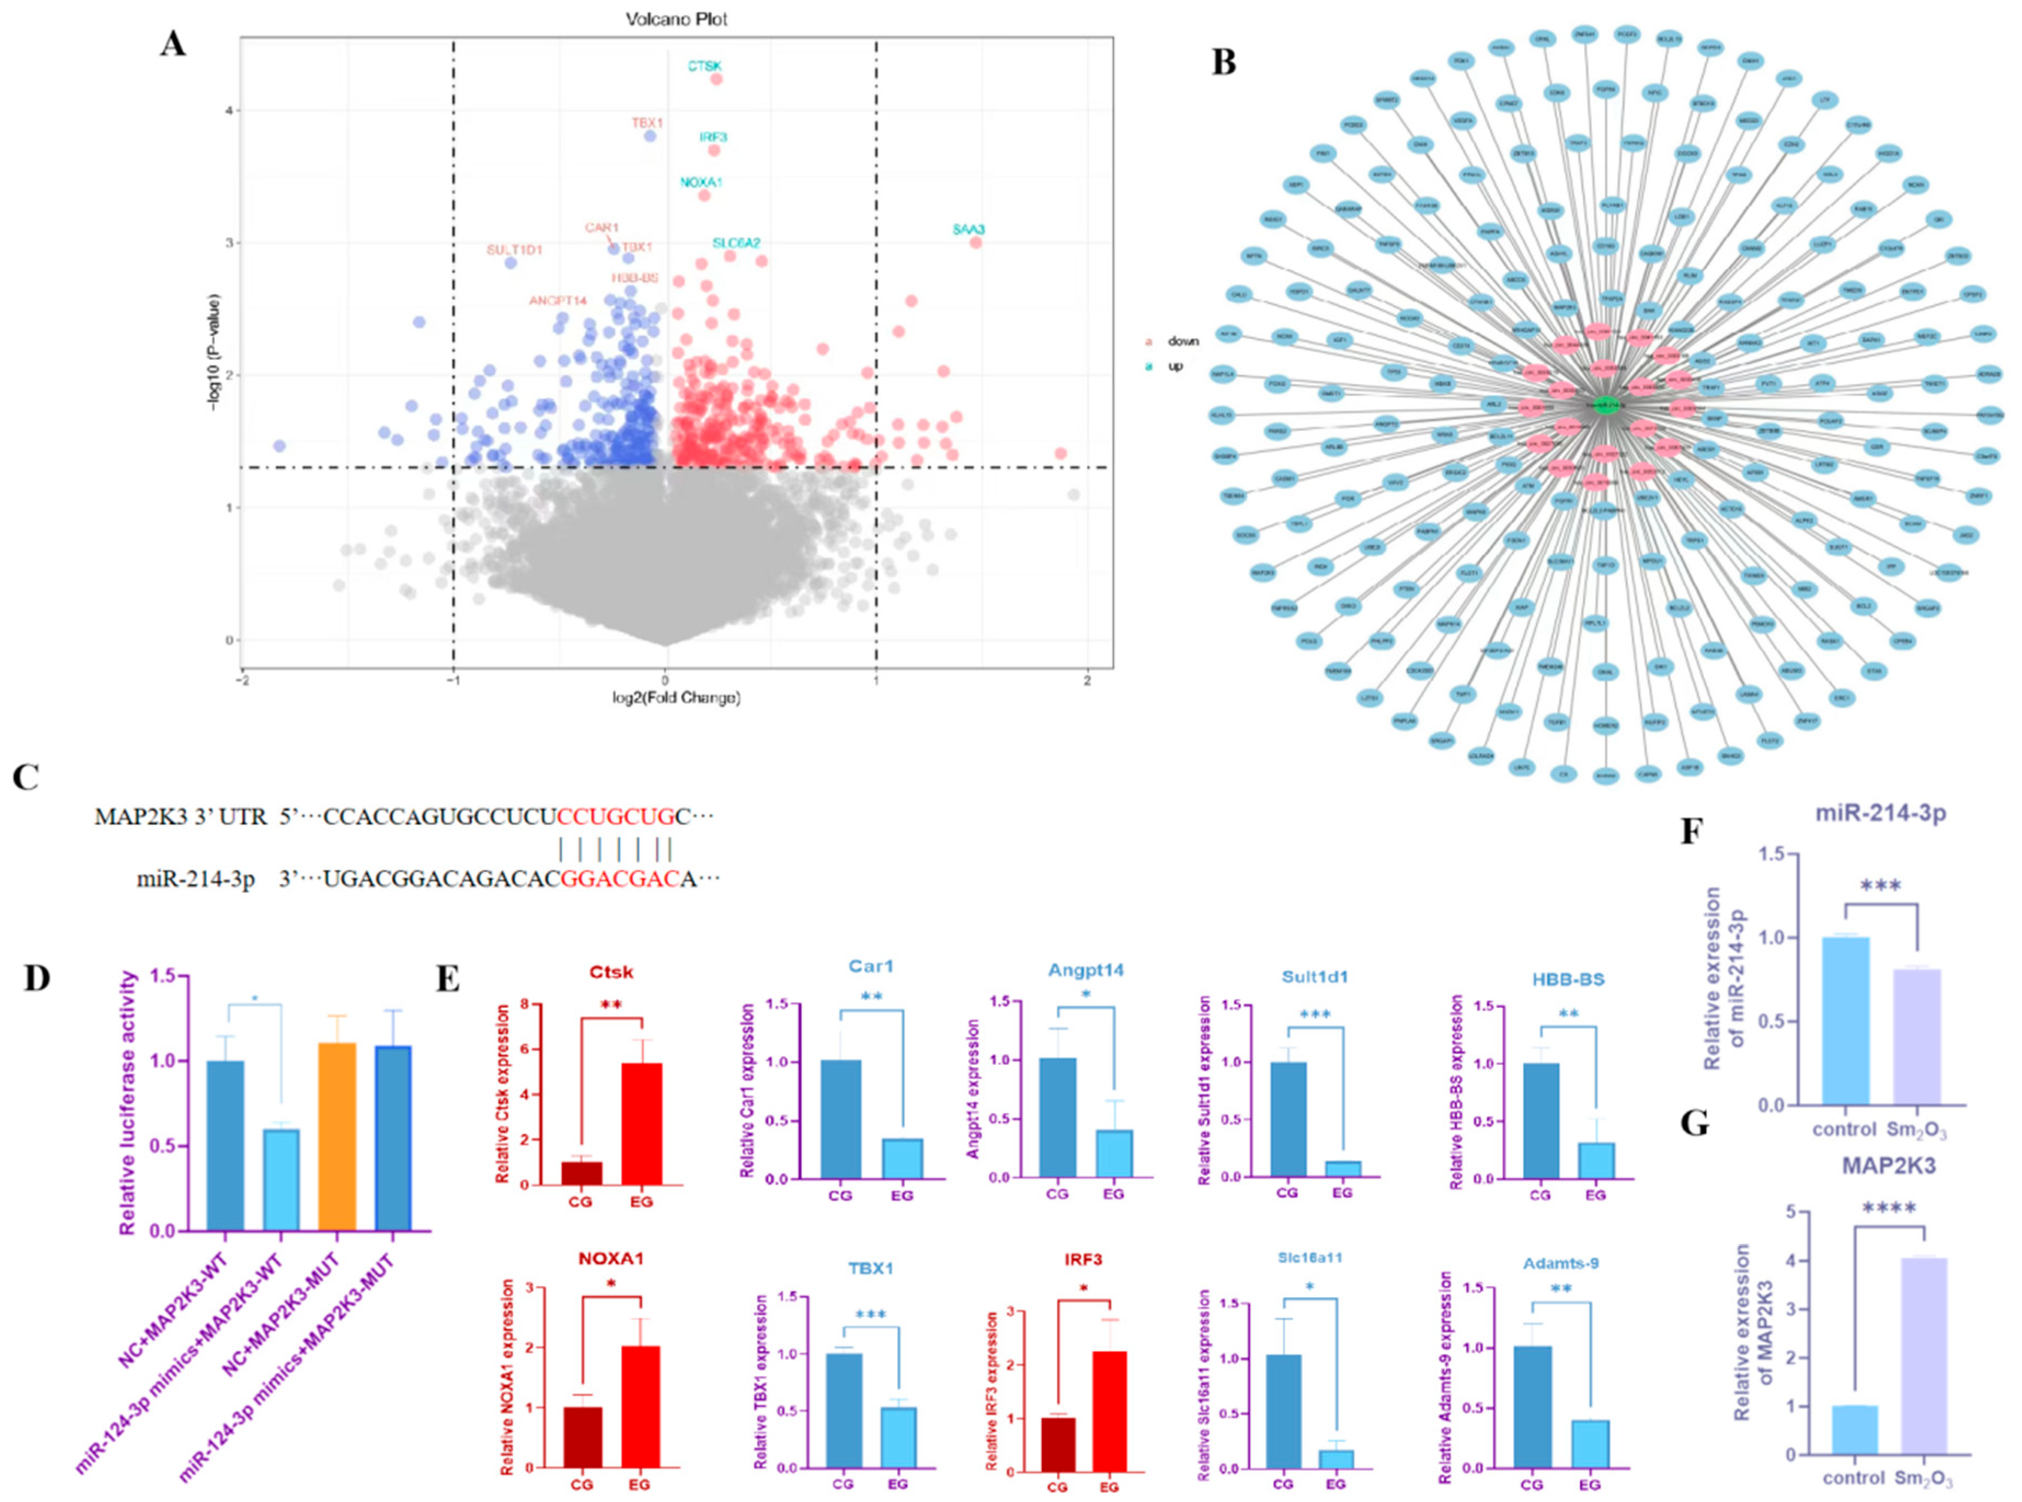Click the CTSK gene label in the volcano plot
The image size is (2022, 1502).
704,66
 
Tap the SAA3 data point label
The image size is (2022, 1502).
968,229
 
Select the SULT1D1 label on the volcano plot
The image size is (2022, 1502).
514,249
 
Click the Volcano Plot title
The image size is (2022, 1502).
677,18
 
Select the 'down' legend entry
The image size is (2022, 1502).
1182,341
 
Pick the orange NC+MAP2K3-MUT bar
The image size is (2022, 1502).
336,1137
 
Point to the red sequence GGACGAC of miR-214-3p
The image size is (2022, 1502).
620,879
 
